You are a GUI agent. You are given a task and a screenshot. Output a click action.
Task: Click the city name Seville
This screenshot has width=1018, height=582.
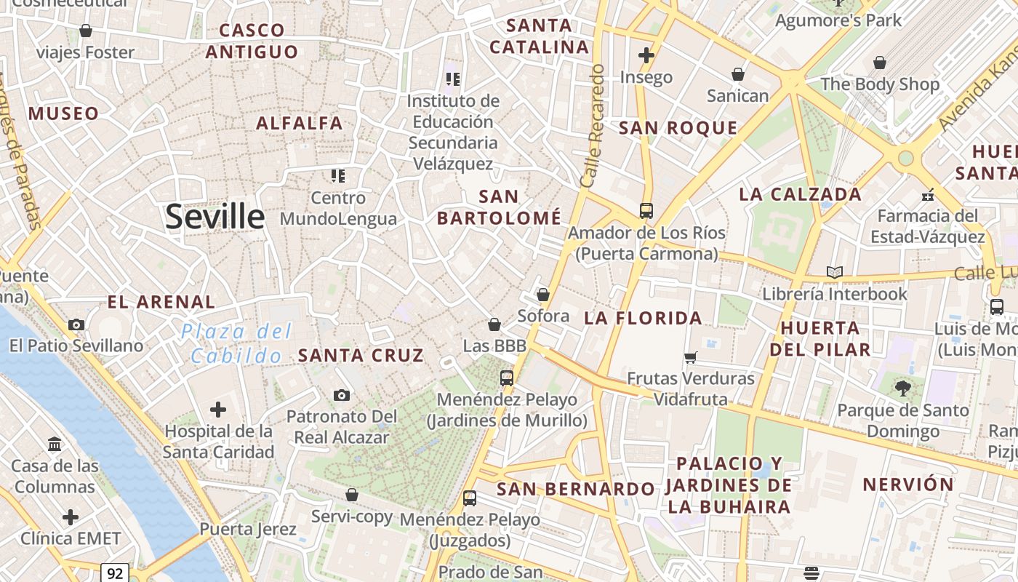click(215, 217)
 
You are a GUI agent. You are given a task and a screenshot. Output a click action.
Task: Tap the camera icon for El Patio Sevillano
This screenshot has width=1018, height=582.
click(76, 324)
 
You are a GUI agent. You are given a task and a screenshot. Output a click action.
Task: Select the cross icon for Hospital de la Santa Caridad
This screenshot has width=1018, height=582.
click(218, 410)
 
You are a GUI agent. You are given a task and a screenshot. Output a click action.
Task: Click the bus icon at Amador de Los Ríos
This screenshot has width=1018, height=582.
click(646, 211)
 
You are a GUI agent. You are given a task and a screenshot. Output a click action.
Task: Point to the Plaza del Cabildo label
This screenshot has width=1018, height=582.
click(236, 343)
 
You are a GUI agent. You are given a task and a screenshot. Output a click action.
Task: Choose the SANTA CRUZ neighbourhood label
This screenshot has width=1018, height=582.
click(361, 356)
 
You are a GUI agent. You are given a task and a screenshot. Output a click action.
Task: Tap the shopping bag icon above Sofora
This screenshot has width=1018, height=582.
click(542, 295)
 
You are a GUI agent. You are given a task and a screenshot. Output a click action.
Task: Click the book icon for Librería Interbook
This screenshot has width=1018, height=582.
click(835, 273)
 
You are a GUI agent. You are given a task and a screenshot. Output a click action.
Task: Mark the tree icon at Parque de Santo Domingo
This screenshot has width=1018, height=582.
click(903, 388)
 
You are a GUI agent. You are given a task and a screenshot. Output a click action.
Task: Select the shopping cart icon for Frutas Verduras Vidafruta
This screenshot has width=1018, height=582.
click(691, 357)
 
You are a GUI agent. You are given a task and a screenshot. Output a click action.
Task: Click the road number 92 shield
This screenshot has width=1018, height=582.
click(115, 573)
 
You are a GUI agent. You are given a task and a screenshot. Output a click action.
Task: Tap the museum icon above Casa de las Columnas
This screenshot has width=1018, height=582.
click(55, 444)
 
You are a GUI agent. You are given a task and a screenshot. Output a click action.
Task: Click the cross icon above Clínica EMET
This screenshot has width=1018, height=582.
click(71, 517)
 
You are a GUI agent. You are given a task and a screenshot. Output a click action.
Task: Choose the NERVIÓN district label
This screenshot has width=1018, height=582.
click(908, 485)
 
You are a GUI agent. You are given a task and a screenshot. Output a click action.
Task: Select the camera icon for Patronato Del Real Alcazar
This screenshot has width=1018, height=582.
click(342, 395)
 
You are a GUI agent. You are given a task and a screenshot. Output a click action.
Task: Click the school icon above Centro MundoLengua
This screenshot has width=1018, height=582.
click(338, 175)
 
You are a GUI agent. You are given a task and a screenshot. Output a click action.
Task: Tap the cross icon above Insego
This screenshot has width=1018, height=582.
click(646, 55)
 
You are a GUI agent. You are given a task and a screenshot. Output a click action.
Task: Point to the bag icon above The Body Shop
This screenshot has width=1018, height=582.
click(880, 63)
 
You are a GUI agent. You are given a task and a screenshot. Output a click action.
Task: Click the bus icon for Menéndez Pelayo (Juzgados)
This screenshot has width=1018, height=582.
click(470, 498)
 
